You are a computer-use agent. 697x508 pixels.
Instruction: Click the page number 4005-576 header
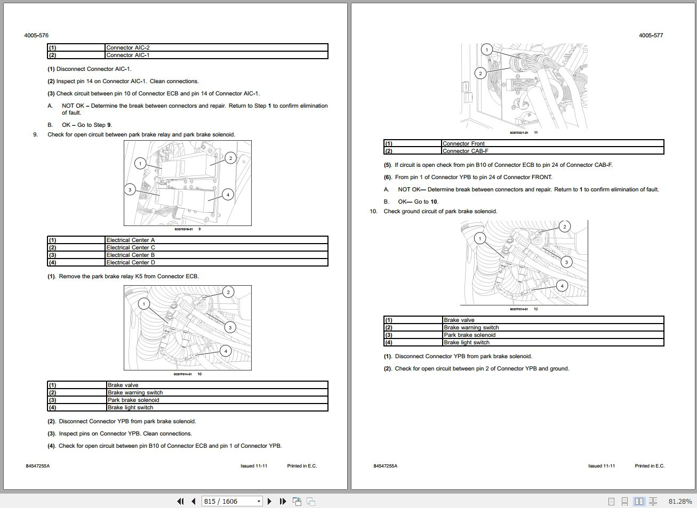[36, 35]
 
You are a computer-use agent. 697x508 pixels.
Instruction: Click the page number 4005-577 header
[651, 35]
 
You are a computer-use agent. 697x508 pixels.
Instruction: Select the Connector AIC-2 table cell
[128, 47]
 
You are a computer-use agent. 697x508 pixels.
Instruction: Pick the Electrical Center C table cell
[131, 247]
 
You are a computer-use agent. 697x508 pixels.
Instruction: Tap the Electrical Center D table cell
[131, 262]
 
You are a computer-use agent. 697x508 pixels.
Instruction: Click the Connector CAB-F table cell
[465, 151]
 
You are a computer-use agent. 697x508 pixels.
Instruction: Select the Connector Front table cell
[463, 143]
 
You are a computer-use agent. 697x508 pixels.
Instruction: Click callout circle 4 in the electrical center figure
[228, 195]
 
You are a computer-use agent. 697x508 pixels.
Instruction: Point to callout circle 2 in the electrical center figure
[230, 158]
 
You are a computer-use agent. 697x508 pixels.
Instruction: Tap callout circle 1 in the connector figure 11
[486, 50]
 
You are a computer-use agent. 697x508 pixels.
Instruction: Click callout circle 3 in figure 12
[566, 262]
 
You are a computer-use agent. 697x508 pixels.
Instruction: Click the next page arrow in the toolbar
[269, 501]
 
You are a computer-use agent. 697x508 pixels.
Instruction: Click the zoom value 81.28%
[680, 501]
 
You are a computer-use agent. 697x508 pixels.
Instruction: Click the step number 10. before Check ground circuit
[373, 211]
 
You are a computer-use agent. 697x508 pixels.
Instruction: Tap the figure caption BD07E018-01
[183, 229]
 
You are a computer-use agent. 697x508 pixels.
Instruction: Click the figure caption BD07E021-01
[519, 133]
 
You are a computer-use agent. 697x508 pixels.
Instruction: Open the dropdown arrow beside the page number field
[259, 501]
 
